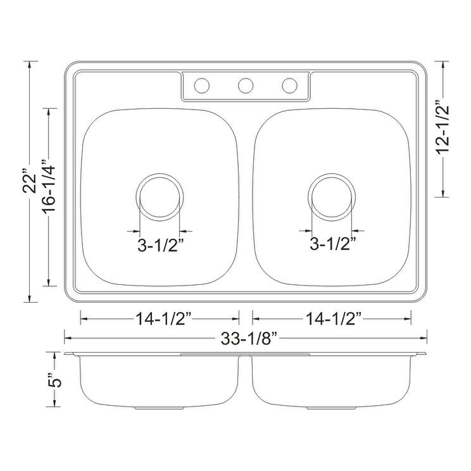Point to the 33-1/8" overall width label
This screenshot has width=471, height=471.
pyautogui.click(x=246, y=338)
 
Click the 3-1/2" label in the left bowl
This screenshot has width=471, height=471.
pyautogui.click(x=160, y=243)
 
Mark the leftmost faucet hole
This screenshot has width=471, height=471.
pyautogui.click(x=203, y=85)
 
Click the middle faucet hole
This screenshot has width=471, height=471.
pyautogui.click(x=246, y=85)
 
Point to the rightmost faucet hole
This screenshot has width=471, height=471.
pyautogui.click(x=289, y=85)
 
